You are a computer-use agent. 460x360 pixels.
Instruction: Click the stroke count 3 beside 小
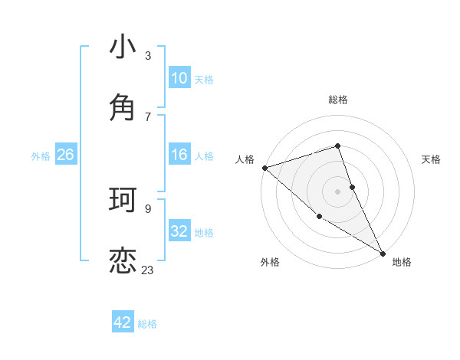(x=148, y=56)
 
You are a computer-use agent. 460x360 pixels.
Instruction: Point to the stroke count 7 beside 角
(x=148, y=116)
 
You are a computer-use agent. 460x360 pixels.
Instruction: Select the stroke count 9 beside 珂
(x=148, y=208)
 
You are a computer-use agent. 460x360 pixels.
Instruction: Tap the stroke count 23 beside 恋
(x=148, y=270)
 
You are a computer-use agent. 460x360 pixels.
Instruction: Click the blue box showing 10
(x=179, y=77)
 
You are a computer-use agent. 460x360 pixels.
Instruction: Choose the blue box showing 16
(x=179, y=155)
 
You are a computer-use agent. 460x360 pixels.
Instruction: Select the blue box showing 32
(x=179, y=231)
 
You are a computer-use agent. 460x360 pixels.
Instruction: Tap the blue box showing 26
(x=65, y=155)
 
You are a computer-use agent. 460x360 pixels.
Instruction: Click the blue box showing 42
(x=123, y=322)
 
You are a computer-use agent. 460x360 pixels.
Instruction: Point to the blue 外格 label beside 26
(x=41, y=155)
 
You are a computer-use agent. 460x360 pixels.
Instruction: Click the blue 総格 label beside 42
(x=147, y=324)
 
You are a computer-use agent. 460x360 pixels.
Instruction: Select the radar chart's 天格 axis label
(x=431, y=159)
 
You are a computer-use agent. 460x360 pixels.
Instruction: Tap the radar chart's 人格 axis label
(x=245, y=159)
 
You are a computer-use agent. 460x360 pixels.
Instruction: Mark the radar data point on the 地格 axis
(x=382, y=253)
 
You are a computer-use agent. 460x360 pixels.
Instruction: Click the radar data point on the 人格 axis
(x=264, y=168)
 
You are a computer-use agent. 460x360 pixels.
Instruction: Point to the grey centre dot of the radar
(x=337, y=191)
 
